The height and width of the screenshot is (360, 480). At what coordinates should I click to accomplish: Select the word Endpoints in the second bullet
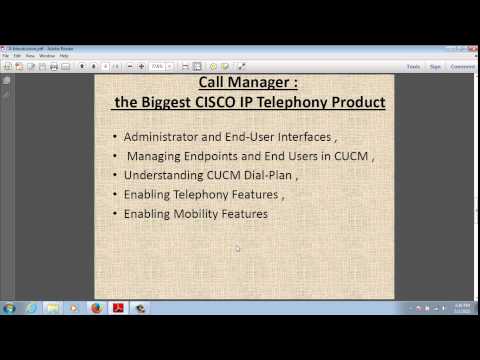pyautogui.click(x=210, y=156)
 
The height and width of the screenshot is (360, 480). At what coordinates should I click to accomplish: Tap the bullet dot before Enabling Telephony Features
pyautogui.click(x=115, y=195)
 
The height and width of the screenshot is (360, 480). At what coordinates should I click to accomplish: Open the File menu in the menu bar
pyautogui.click(x=5, y=55)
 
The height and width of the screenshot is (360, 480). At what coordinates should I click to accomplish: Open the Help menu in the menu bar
pyautogui.click(x=64, y=55)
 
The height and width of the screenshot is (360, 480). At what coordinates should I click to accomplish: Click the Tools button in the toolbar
pyautogui.click(x=412, y=66)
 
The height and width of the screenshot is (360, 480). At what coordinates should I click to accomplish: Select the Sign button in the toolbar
pyautogui.click(x=435, y=66)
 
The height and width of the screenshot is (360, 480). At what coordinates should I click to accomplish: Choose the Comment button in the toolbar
pyautogui.click(x=462, y=66)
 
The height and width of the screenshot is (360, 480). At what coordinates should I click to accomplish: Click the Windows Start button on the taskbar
pyautogui.click(x=9, y=308)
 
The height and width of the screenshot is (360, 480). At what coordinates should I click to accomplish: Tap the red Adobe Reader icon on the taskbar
pyautogui.click(x=117, y=308)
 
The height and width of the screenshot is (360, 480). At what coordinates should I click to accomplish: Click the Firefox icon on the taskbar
pyautogui.click(x=96, y=308)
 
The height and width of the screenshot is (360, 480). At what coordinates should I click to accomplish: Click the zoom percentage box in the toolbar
pyautogui.click(x=157, y=66)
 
